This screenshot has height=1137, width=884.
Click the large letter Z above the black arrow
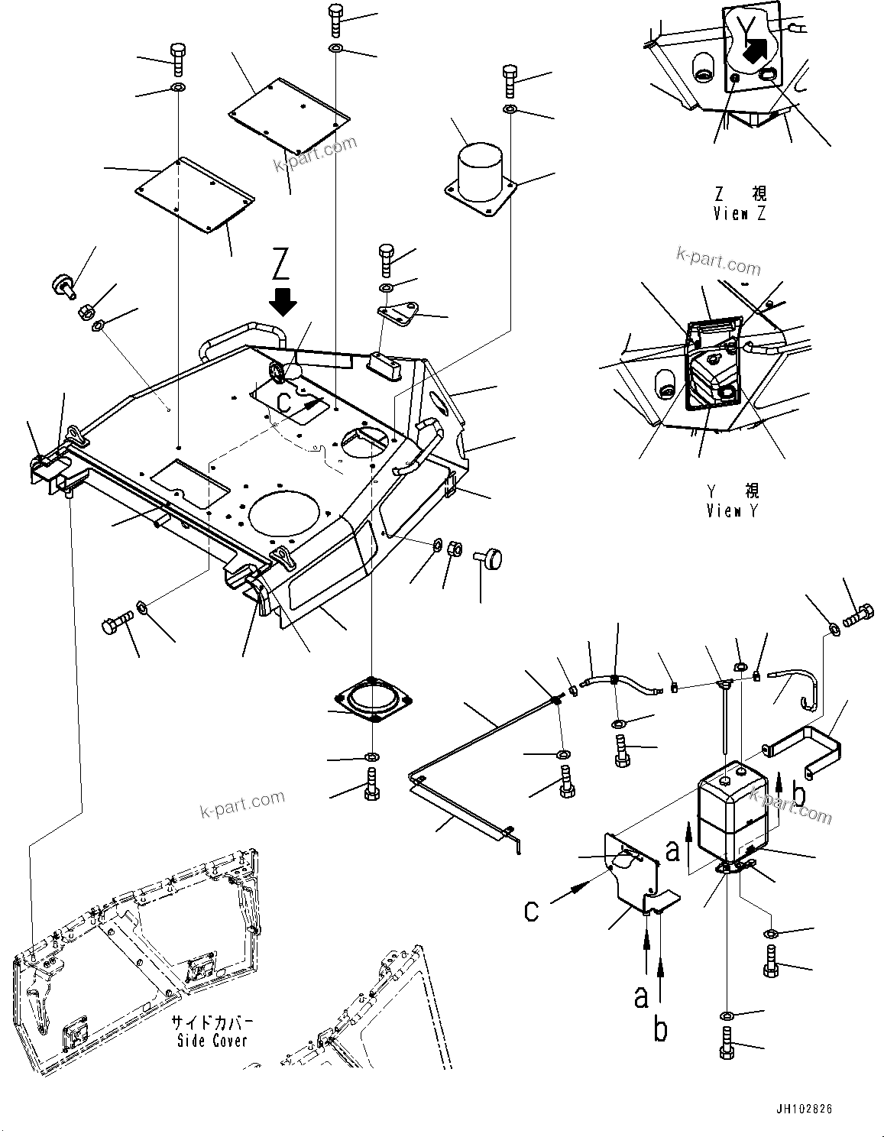tap(281, 265)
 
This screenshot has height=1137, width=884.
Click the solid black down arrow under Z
tap(283, 301)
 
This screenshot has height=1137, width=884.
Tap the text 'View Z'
tap(739, 214)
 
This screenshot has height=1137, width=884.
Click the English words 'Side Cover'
tap(212, 1041)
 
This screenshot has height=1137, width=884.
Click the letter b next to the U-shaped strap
tap(799, 794)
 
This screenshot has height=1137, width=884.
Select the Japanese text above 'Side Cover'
tap(212, 1023)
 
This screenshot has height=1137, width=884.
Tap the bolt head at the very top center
tap(336, 13)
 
